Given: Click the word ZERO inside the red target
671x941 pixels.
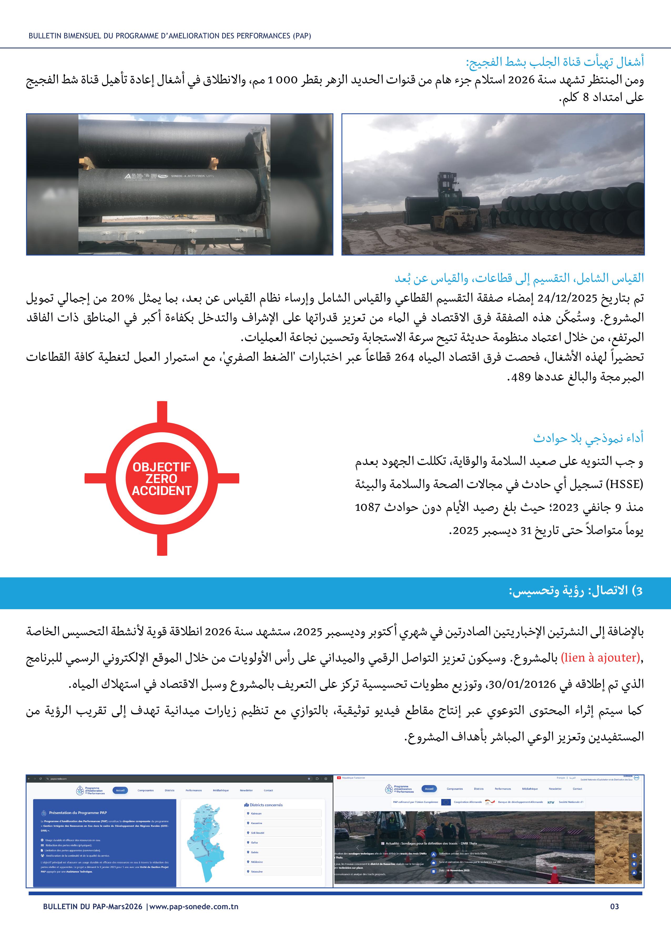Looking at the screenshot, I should click(x=161, y=479).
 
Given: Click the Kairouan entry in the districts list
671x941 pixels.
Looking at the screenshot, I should click(x=257, y=813).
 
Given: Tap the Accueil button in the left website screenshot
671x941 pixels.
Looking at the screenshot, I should click(x=120, y=790).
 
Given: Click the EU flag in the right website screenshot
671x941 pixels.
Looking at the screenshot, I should click(x=446, y=802).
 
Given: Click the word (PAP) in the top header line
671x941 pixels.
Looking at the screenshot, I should click(x=302, y=36).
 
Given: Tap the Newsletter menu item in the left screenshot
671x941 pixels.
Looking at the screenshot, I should click(x=246, y=790).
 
